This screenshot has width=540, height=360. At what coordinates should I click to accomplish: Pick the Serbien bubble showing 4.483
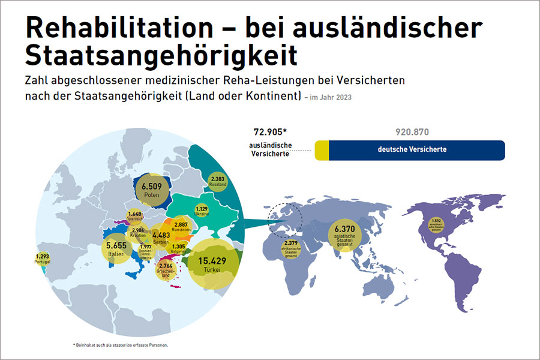pyautogui.click(x=160, y=238)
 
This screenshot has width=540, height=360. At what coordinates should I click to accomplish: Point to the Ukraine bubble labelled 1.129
pyautogui.click(x=202, y=211)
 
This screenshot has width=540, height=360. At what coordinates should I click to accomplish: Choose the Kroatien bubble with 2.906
pyautogui.click(x=138, y=233)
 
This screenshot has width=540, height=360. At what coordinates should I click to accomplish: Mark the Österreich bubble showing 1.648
pyautogui.click(x=135, y=216)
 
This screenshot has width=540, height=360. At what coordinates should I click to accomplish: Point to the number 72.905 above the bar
pyautogui.click(x=271, y=132)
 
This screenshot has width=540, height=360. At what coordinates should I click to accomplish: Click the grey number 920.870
pyautogui.click(x=412, y=132)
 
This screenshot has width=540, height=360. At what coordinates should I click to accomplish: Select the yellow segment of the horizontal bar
pyautogui.click(x=322, y=150)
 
